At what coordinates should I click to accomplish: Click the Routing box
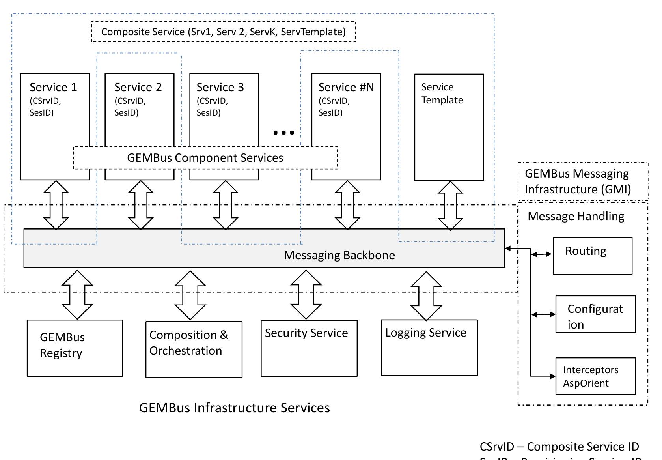(592, 256)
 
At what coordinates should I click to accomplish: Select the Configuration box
(595, 314)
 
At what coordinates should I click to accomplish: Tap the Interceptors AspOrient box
(595, 376)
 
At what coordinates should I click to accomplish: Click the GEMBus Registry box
(75, 348)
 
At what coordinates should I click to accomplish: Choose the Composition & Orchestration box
(194, 350)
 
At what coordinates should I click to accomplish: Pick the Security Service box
(309, 348)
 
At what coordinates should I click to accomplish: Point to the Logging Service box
(429, 348)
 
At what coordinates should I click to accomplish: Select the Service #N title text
(346, 87)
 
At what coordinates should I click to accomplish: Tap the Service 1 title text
(53, 87)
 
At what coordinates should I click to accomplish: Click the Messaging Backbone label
(339, 255)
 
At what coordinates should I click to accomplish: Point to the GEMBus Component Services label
(205, 158)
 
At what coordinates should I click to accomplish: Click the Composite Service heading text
(223, 32)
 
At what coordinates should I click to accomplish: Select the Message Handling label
(576, 216)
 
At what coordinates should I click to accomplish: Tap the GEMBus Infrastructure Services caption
(234, 408)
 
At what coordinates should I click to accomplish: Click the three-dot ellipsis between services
(283, 133)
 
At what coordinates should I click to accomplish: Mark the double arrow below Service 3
(225, 205)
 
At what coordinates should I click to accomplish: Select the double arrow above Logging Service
(426, 295)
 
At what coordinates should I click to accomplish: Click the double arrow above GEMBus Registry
(77, 295)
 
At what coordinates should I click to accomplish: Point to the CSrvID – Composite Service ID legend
(559, 447)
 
